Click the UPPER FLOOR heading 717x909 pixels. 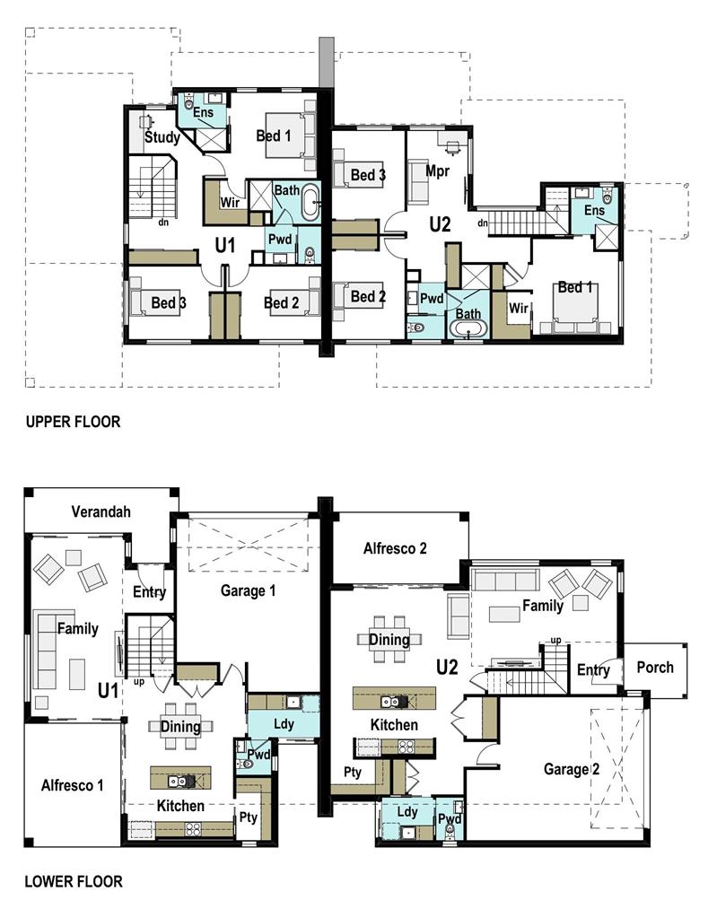[73, 422]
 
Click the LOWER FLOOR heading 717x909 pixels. [74, 882]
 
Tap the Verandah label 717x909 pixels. [101, 511]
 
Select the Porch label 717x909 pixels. [655, 668]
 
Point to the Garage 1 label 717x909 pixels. [248, 590]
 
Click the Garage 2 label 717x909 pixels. [572, 769]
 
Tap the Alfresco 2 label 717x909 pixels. [395, 548]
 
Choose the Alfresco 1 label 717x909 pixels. [73, 785]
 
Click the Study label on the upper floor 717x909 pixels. [162, 137]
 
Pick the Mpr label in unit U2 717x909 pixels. [438, 171]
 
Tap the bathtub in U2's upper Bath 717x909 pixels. [468, 329]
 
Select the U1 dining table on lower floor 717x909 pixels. [180, 726]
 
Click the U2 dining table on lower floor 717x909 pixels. [389, 640]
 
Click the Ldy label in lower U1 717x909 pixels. [284, 724]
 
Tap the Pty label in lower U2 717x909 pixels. [353, 773]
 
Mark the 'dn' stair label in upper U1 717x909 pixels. [164, 222]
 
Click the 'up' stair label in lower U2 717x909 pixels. [555, 641]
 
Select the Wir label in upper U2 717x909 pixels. [518, 308]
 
